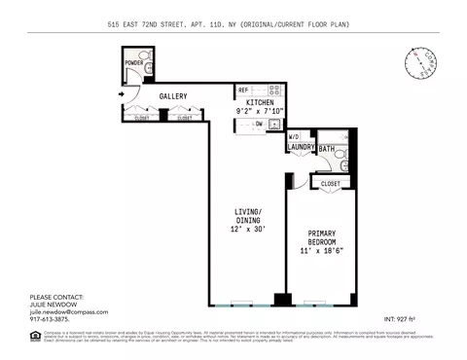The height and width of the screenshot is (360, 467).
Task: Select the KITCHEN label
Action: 259,102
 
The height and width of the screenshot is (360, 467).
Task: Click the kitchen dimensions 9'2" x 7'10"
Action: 259,111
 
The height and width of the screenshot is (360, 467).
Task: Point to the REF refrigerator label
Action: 243,90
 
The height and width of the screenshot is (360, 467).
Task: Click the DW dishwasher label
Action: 259,125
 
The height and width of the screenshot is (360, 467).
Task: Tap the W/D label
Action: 293,137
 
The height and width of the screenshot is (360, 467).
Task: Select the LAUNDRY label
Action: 301,148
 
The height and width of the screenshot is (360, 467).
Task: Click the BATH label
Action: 327,149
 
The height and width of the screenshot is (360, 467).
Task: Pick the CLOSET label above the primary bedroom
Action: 330,182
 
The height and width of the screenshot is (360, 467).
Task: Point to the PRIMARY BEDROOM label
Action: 322,238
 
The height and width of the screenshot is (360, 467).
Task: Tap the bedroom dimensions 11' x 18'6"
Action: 322,251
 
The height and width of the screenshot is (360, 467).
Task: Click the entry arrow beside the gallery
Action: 120,94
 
